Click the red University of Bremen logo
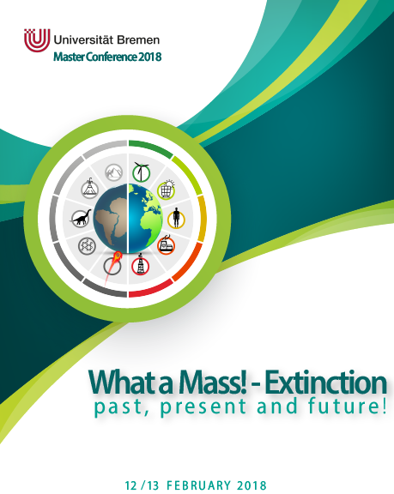coord(37,40)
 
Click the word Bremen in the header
coord(138,40)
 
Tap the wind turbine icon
coord(141,172)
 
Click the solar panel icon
coord(167,190)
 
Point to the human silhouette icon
coord(176,219)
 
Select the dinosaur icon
coord(81,218)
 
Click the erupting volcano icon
coord(90,189)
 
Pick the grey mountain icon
coord(113,172)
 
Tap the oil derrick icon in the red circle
coord(141,265)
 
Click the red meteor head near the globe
coord(118,256)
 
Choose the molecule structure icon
coord(87,246)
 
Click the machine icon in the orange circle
coord(167,244)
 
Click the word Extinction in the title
coord(325,383)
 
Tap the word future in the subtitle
coord(347,406)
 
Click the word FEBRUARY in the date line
coord(198,485)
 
